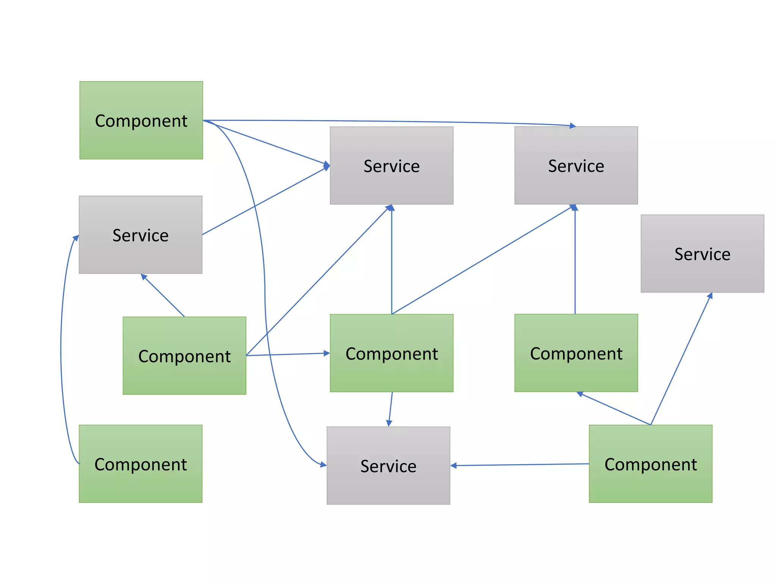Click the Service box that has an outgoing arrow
[x=140, y=235]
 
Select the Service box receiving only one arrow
[x=702, y=253]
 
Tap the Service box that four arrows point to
[x=391, y=166]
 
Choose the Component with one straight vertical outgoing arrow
[x=576, y=353]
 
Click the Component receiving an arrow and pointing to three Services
[x=391, y=353]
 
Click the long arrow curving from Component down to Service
[x=264, y=296]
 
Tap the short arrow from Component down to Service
[x=390, y=409]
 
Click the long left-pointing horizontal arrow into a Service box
[x=520, y=465]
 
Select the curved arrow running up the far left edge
[x=61, y=349]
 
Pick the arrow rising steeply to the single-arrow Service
[x=681, y=358]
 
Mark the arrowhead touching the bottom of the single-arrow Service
[x=710, y=296]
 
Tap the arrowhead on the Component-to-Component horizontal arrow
[x=327, y=353]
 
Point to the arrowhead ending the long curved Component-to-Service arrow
[x=323, y=465]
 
